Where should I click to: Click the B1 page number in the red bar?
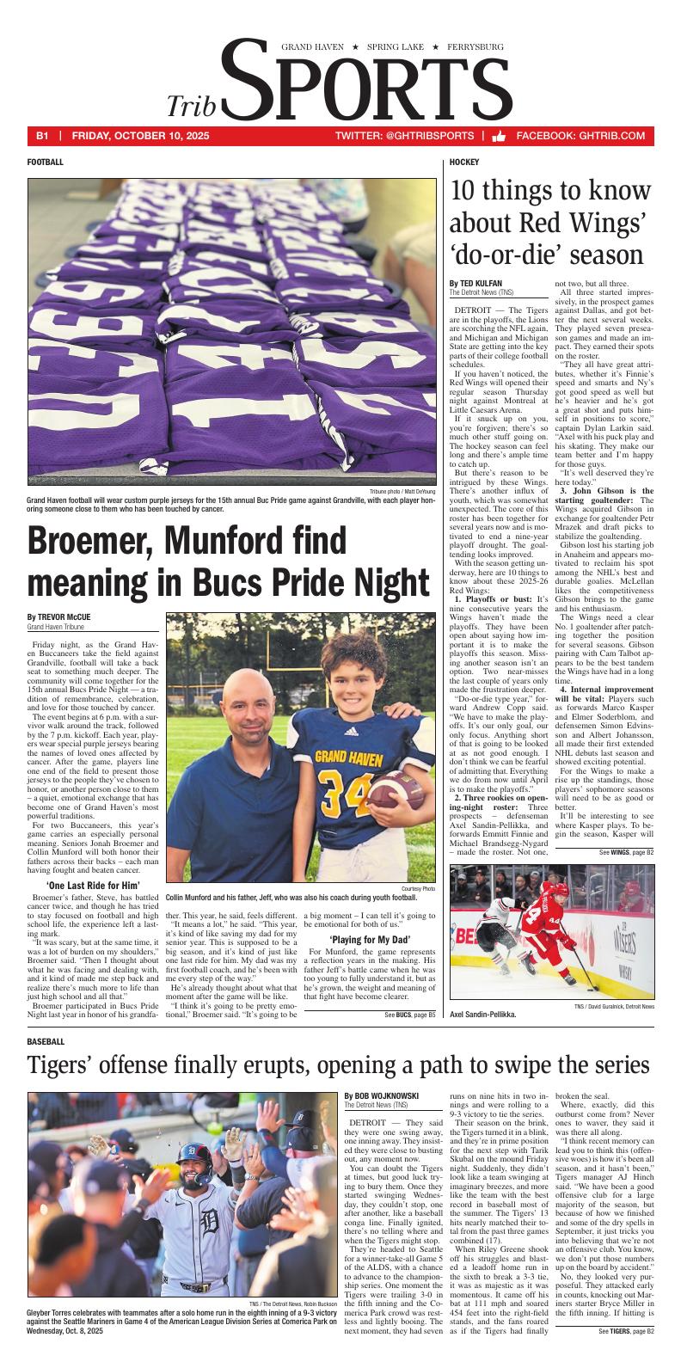point(42,136)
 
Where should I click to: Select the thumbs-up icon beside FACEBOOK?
point(498,136)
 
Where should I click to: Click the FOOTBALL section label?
point(45,162)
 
